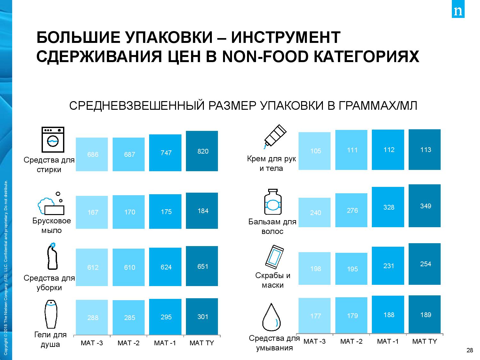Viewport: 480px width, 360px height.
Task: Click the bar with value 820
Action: [202, 151]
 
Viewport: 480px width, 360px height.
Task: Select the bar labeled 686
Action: [92, 154]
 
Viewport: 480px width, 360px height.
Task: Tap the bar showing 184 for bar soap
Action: [202, 211]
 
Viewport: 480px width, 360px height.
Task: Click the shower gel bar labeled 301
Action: [202, 317]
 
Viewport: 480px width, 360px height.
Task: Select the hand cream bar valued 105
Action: [314, 151]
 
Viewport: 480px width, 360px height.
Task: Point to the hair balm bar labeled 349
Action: [425, 206]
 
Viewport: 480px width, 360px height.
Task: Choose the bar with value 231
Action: [388, 266]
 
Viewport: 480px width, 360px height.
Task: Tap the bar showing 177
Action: [314, 316]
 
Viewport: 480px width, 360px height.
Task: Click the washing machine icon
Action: [53, 139]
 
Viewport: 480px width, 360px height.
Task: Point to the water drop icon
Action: [271, 316]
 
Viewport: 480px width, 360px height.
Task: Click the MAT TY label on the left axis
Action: [202, 343]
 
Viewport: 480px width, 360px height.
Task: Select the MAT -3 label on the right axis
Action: [315, 341]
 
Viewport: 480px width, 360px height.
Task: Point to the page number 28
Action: [470, 350]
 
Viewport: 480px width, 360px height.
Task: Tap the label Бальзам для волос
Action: [272, 226]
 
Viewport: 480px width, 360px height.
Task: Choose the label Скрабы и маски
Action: [273, 280]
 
